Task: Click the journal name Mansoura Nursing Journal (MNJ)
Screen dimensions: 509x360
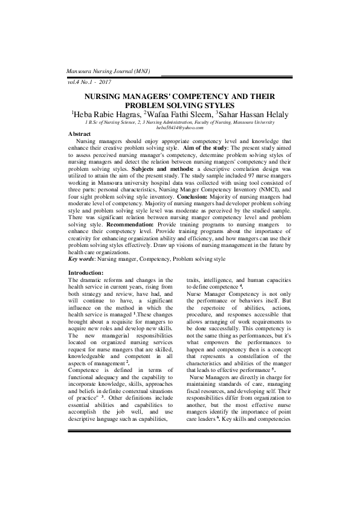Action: tap(108, 71)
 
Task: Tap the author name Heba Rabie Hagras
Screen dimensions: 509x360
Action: tap(106, 114)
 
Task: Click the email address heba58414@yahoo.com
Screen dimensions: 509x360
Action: tap(180, 127)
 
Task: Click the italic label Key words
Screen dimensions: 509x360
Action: tap(82, 258)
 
